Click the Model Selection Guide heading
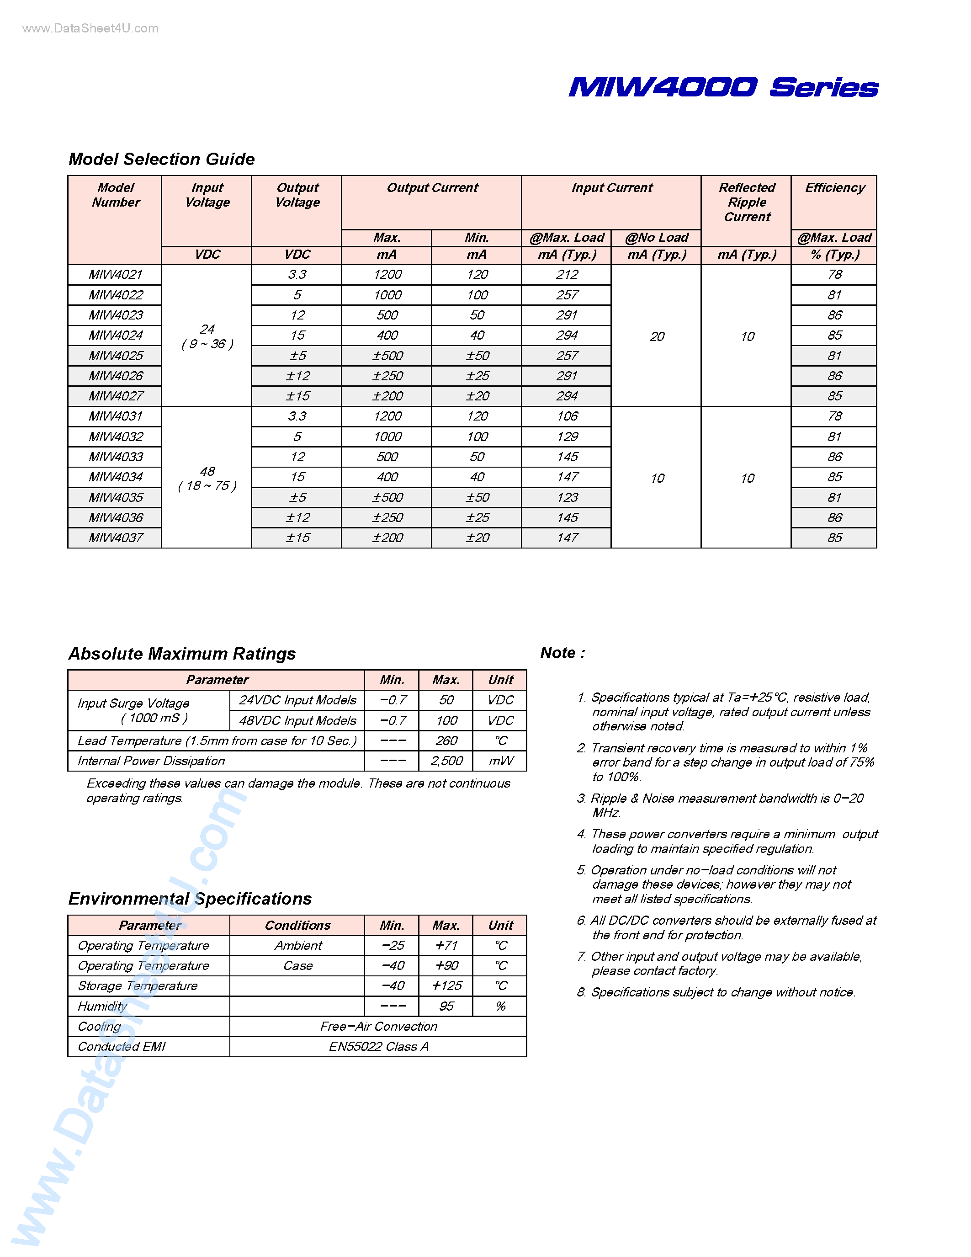point(162,159)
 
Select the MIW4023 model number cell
point(116,315)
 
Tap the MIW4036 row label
point(116,517)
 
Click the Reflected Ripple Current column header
point(747,202)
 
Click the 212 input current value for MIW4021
point(567,275)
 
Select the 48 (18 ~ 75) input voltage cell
point(207,478)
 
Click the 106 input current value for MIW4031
point(567,416)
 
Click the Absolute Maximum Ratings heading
point(182,654)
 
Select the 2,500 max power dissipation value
point(446,761)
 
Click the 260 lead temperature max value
point(446,741)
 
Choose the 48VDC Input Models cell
point(297,720)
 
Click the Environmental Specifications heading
point(190,899)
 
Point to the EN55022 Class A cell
point(378,1046)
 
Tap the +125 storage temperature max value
point(446,986)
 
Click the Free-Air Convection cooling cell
point(378,1026)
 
